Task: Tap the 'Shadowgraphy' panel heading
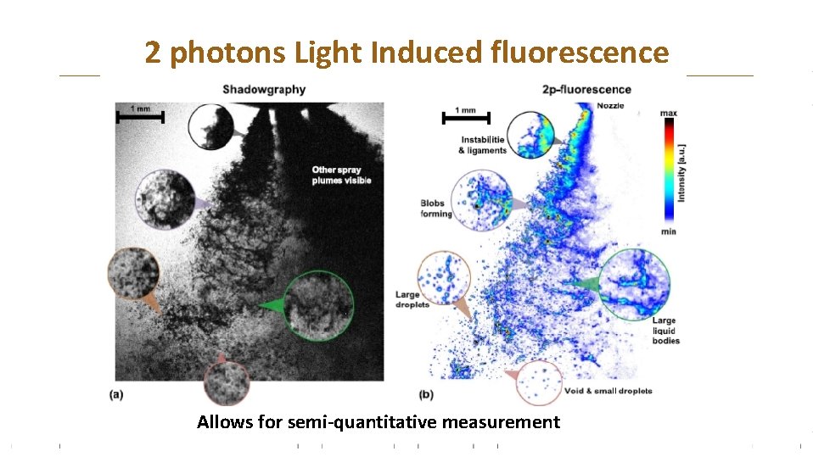click(x=264, y=89)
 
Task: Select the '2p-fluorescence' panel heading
click(x=586, y=89)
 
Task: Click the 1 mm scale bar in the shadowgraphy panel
click(x=140, y=116)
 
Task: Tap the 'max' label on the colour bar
click(x=668, y=113)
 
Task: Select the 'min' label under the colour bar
click(x=668, y=231)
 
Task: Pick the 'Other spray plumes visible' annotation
click(x=336, y=176)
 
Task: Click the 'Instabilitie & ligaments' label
click(x=482, y=145)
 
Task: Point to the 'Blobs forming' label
click(x=436, y=209)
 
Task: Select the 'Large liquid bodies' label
click(x=664, y=331)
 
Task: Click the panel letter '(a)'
click(x=117, y=394)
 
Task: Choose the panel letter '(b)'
click(x=427, y=394)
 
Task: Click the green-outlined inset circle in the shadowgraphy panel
click(x=318, y=305)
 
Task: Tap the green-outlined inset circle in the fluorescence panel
click(x=634, y=284)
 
